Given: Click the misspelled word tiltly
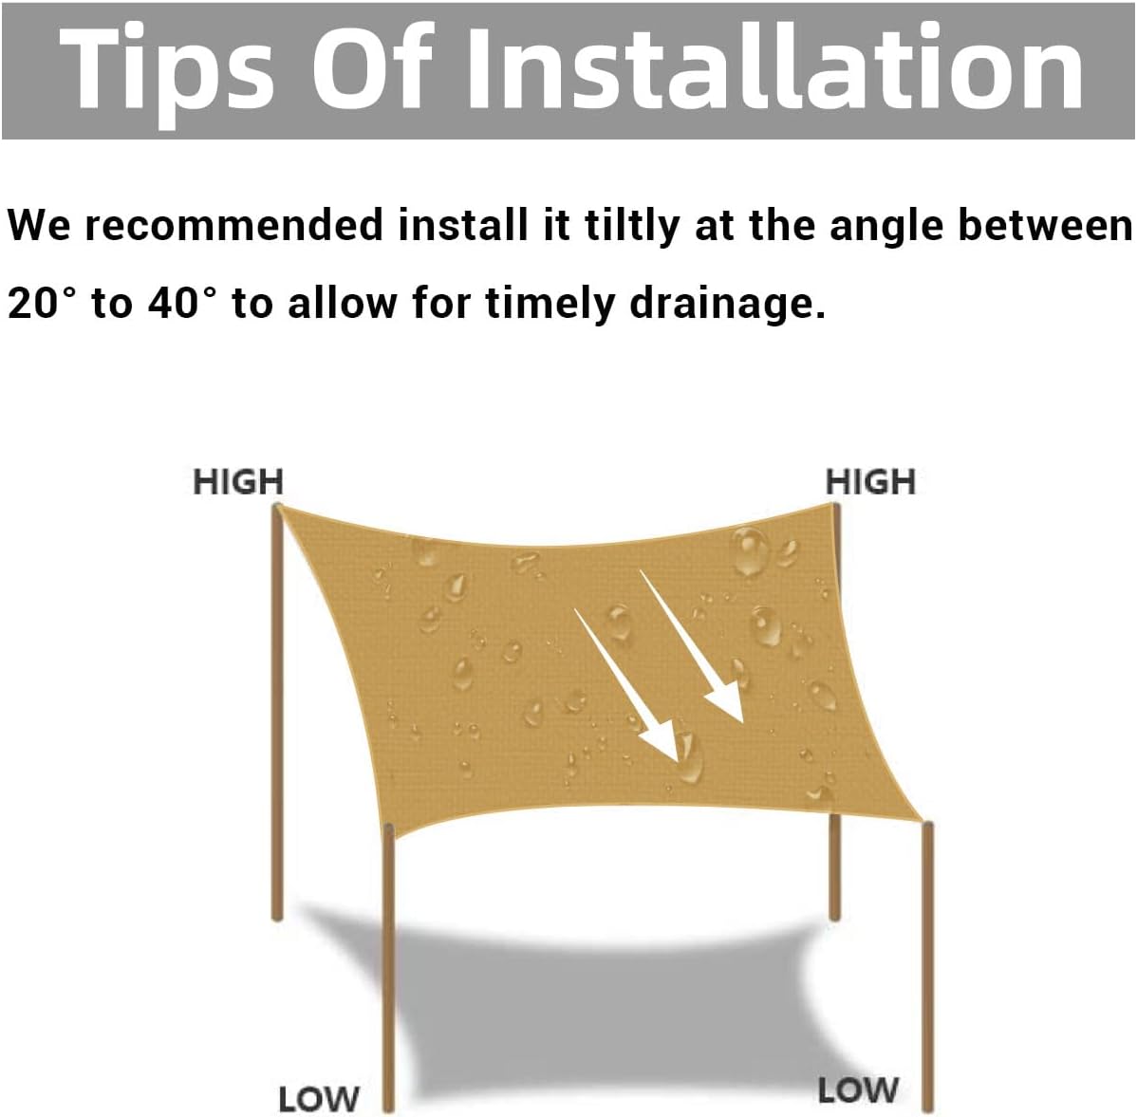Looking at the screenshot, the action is pyautogui.click(x=632, y=225).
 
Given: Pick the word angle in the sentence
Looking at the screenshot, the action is pyautogui.click(x=886, y=226).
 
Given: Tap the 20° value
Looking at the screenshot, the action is pyautogui.click(x=42, y=302).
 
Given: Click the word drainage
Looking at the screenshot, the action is pyautogui.click(x=727, y=303).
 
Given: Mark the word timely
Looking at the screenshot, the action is pyautogui.click(x=550, y=303).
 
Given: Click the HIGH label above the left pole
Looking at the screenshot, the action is pyautogui.click(x=238, y=482).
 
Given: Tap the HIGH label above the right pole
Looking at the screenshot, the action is pyautogui.click(x=871, y=482).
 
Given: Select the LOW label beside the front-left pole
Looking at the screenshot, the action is pyautogui.click(x=318, y=1099).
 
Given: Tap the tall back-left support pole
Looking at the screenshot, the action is pyautogui.click(x=276, y=713).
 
